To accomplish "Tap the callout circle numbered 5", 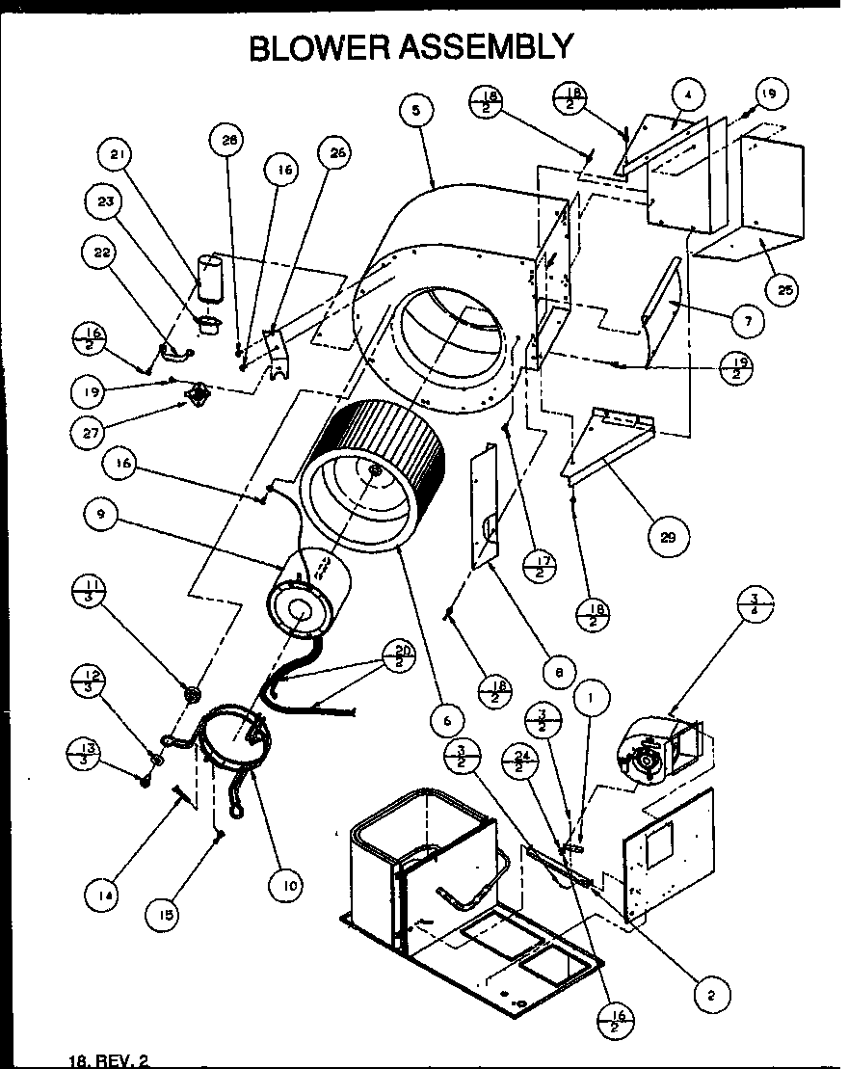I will click(x=414, y=111).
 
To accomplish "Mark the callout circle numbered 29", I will click(x=667, y=539).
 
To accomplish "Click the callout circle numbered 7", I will click(x=748, y=319).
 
